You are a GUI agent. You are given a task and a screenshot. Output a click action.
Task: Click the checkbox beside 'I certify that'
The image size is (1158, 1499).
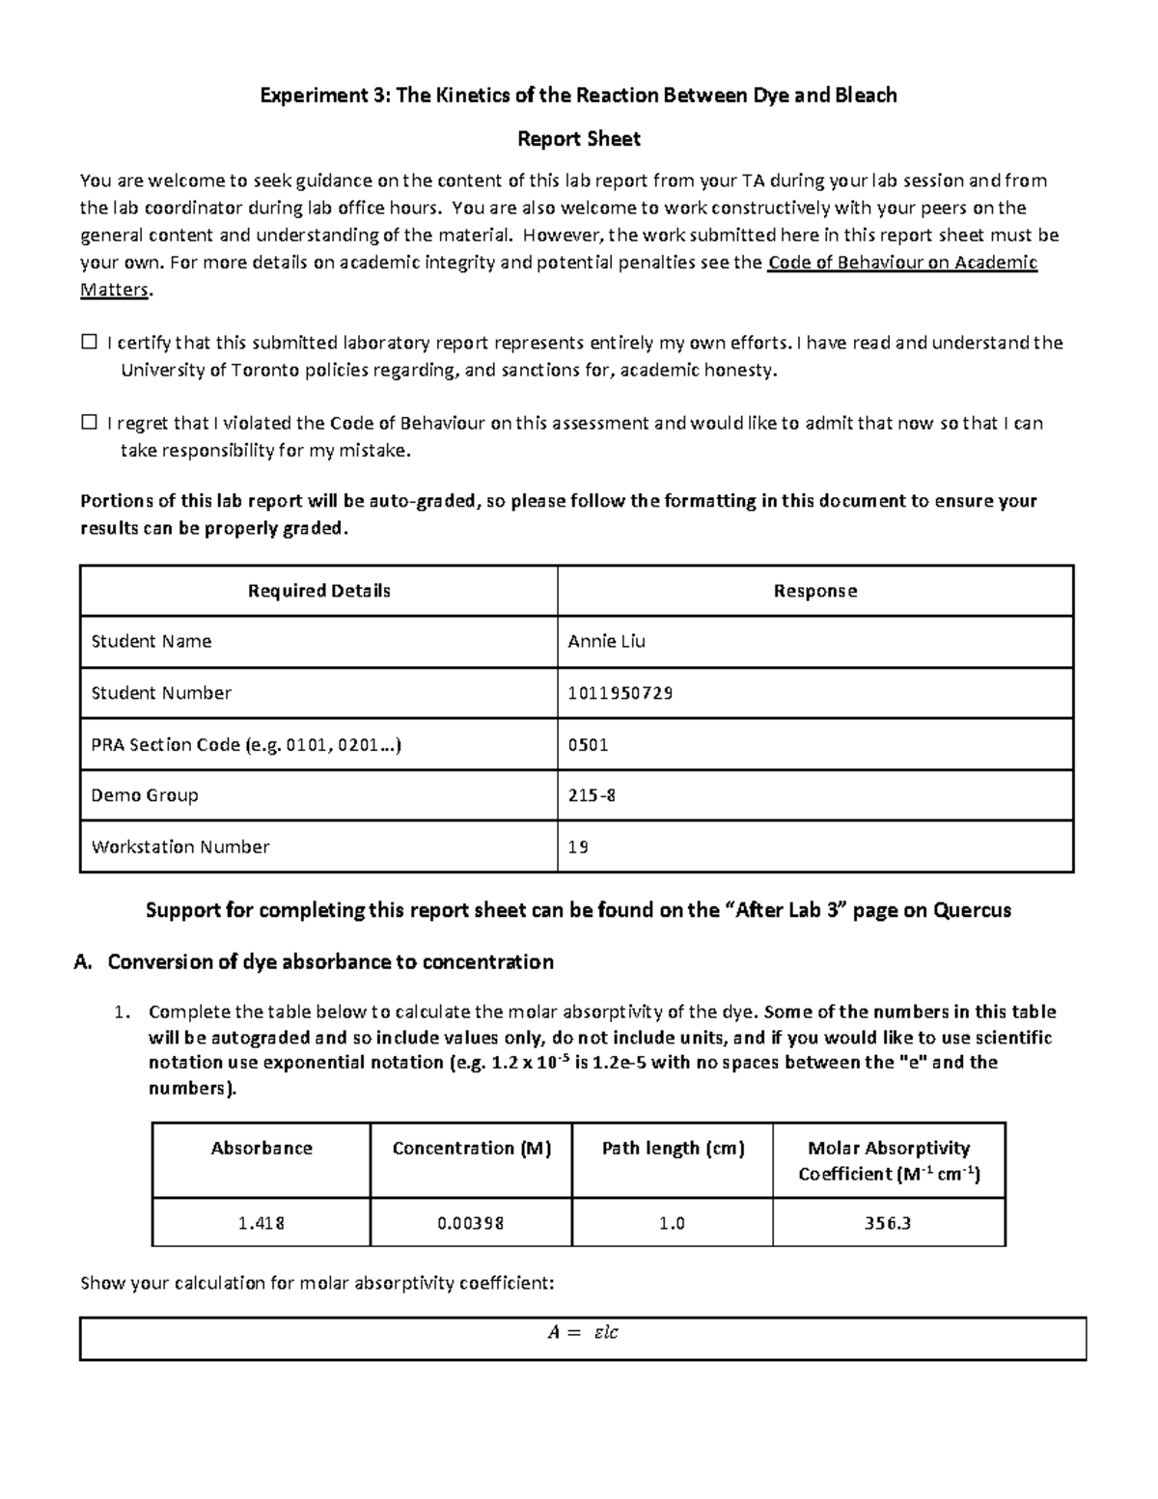point(90,343)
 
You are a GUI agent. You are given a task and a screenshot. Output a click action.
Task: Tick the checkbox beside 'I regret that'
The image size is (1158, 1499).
point(90,423)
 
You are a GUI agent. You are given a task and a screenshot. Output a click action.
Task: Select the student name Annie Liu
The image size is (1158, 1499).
point(606,642)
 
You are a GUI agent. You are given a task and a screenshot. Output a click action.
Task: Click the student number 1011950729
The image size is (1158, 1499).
point(620,693)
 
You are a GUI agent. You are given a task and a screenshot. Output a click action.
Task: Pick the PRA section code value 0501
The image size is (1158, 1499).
point(588,744)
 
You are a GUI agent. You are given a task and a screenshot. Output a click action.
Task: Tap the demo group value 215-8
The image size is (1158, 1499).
point(592,795)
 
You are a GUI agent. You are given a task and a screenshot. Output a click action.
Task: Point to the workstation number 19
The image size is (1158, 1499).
point(578,847)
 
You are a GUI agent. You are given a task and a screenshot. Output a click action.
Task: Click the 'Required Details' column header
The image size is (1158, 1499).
point(318,591)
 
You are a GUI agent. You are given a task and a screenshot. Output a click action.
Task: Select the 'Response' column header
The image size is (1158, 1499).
point(814,591)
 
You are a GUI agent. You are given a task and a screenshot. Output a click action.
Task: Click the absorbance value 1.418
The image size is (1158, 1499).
point(261,1223)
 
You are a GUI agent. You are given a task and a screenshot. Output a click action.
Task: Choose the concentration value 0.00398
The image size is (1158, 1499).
point(470,1223)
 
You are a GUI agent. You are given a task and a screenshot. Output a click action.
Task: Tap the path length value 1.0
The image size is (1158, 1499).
point(672,1223)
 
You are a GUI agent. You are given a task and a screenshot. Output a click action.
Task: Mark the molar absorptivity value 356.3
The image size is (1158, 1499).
point(888,1223)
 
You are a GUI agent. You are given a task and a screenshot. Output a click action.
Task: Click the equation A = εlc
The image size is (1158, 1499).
point(582,1333)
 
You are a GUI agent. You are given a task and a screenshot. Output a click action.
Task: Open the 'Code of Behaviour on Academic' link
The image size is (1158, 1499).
point(901,263)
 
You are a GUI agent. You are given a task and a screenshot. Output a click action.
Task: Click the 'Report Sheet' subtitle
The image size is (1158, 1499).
point(578,139)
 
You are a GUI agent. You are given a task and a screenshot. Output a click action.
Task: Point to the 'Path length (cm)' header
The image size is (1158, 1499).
point(673,1149)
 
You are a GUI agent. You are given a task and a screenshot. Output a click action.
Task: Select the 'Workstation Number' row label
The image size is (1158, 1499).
point(180,847)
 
